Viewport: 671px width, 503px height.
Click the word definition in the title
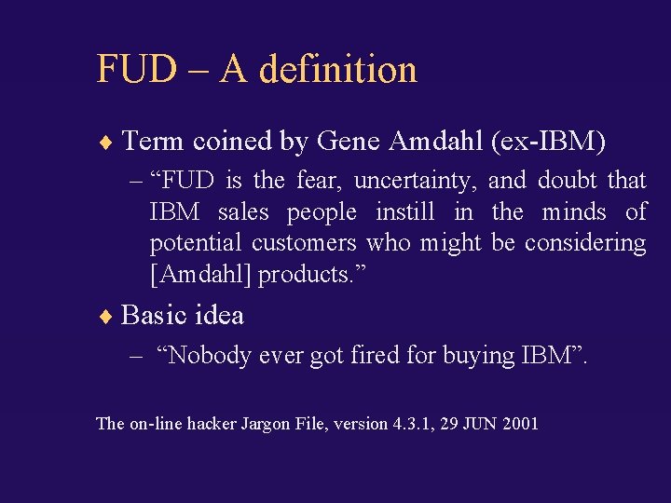[338, 69]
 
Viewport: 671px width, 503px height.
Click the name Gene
[349, 143]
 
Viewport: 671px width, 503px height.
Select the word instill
[404, 211]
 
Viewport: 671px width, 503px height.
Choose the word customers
[304, 243]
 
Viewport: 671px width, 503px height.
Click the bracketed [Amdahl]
[200, 275]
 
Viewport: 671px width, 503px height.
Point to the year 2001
[520, 423]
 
